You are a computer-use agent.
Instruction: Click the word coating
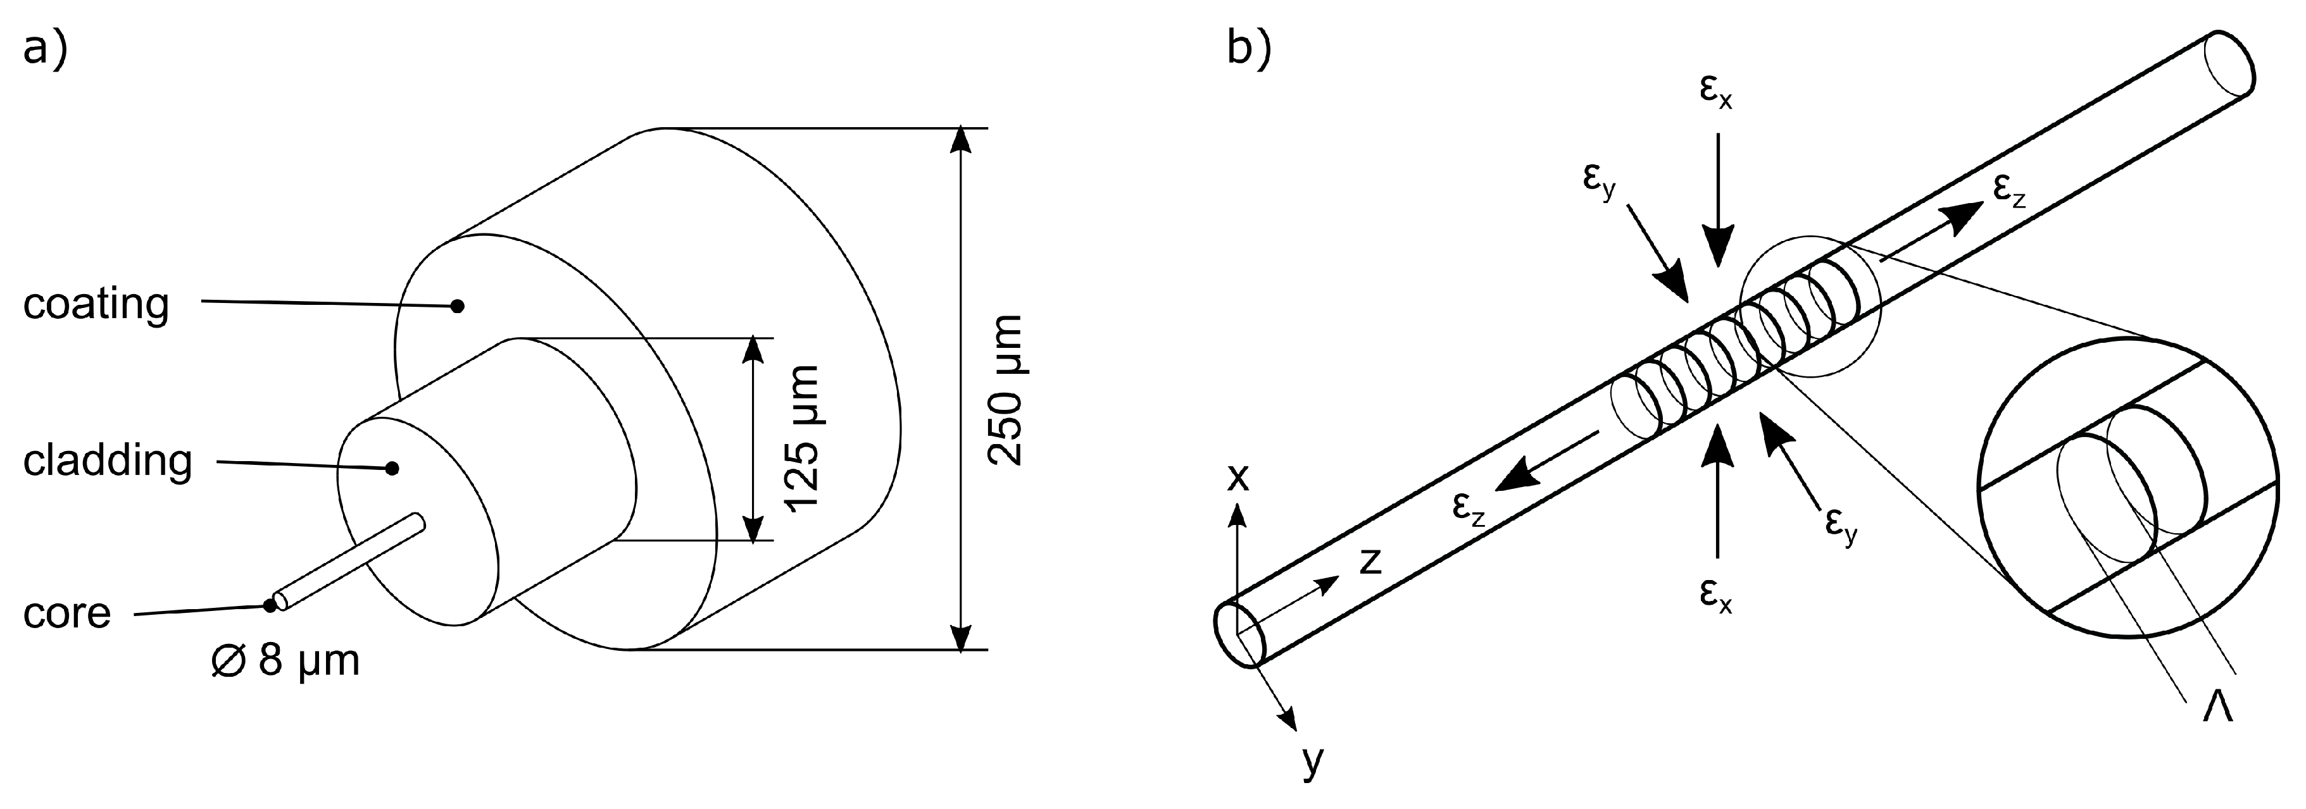96,304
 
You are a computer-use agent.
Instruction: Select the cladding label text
108,461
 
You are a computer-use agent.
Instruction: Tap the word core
67,613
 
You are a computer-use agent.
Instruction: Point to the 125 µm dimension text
801,438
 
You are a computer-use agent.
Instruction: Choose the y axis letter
1312,761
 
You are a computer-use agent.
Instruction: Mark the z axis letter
1370,561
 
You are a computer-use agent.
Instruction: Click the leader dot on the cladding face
391,468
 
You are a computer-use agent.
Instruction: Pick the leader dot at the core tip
270,606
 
